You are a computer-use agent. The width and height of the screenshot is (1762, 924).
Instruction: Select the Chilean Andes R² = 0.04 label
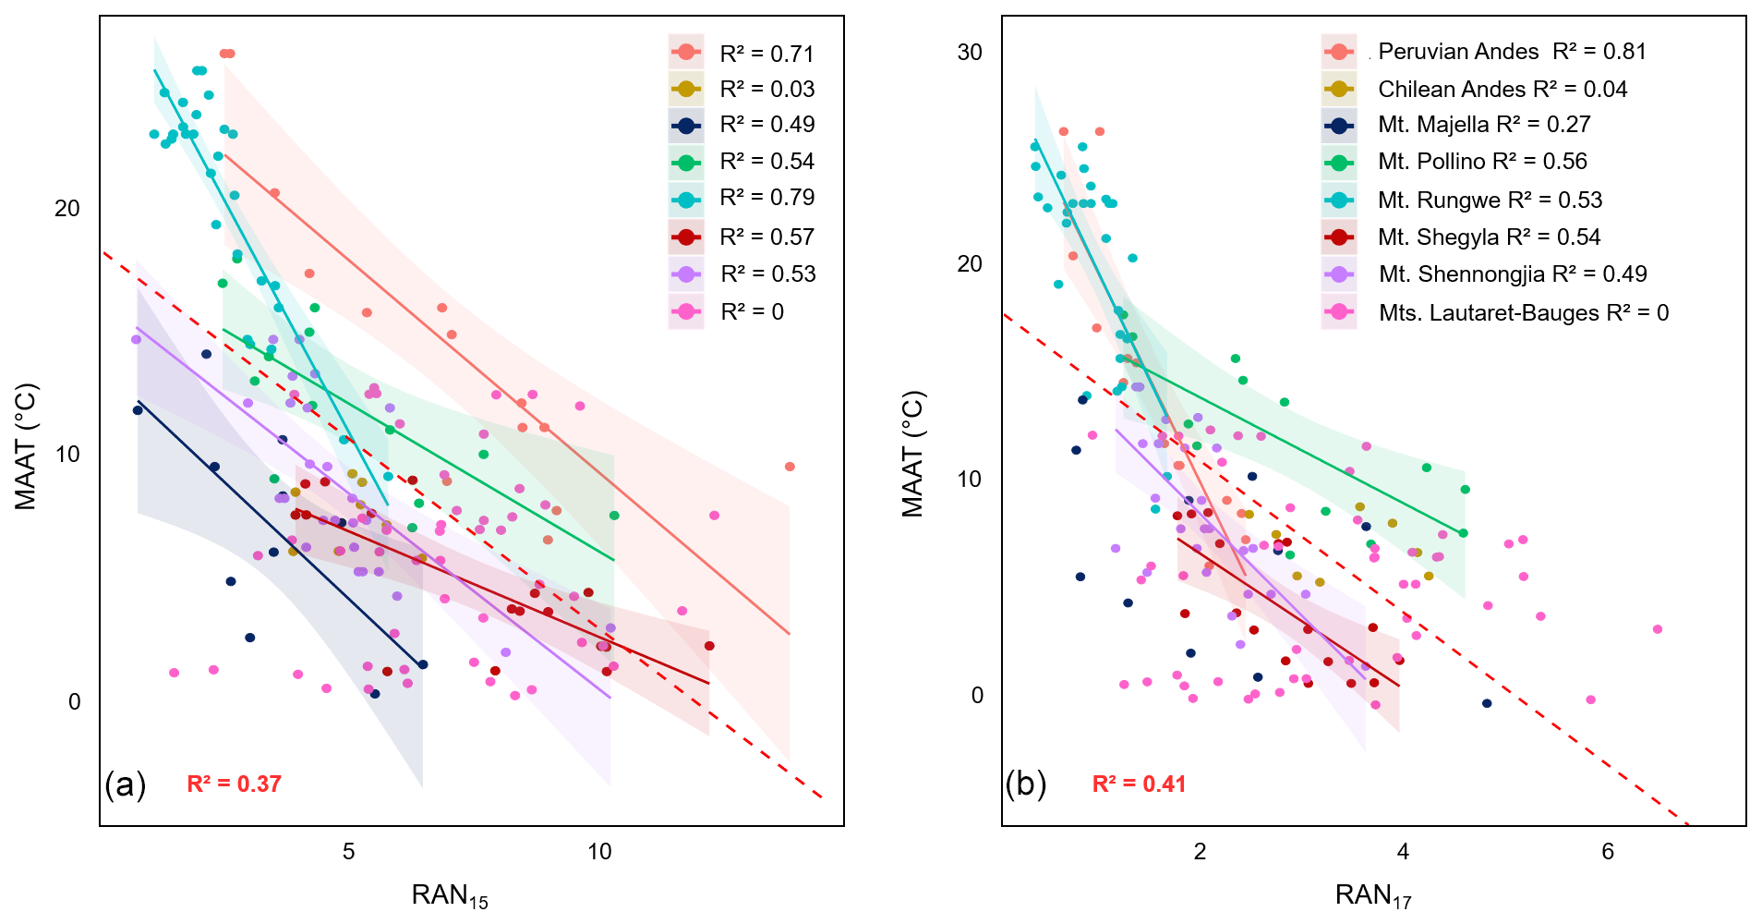(x=1502, y=90)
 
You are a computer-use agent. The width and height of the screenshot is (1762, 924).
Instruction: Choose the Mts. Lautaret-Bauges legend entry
(x=1523, y=313)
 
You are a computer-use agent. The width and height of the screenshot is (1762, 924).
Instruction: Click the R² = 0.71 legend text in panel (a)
(x=766, y=54)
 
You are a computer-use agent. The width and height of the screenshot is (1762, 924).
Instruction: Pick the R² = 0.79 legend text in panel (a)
(x=766, y=198)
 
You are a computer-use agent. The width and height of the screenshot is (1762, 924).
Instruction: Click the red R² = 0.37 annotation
(x=234, y=784)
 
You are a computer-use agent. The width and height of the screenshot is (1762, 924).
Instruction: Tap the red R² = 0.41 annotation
(x=1139, y=784)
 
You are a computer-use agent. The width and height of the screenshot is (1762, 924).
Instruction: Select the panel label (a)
(x=126, y=784)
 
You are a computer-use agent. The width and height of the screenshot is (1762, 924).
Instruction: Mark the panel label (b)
(x=1026, y=784)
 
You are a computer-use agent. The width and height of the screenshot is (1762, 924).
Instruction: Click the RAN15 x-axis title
(x=450, y=895)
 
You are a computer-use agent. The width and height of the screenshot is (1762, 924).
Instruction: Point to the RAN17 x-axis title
(x=1373, y=895)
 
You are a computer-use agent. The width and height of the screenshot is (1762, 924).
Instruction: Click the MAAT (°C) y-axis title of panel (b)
(x=912, y=454)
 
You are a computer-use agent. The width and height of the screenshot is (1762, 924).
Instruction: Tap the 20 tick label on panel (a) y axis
(x=67, y=209)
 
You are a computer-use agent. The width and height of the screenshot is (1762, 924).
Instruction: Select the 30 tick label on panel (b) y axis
(x=970, y=53)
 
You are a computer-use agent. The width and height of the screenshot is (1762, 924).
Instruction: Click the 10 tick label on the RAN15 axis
(x=600, y=852)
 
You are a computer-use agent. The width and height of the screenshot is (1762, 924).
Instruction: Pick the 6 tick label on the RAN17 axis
(x=1608, y=852)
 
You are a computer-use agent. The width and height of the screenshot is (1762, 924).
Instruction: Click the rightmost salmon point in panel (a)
(x=790, y=467)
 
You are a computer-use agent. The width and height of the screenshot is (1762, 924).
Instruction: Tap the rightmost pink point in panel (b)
(x=1658, y=629)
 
